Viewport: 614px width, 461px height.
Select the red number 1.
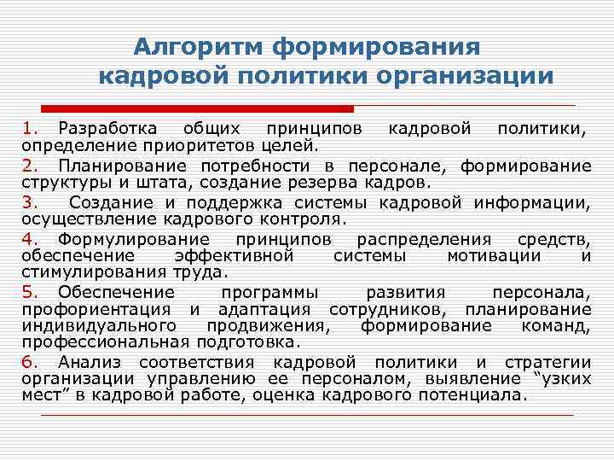[29, 128]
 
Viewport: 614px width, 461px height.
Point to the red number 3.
[29, 202]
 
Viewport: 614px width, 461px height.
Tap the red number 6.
[29, 362]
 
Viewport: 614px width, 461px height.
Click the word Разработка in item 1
[107, 128]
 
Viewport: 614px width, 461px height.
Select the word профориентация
[97, 308]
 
